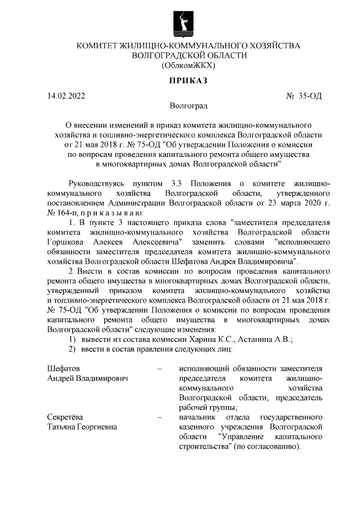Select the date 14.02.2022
tap(66, 96)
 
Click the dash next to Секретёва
tap(160, 417)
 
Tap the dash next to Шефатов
tap(160, 368)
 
